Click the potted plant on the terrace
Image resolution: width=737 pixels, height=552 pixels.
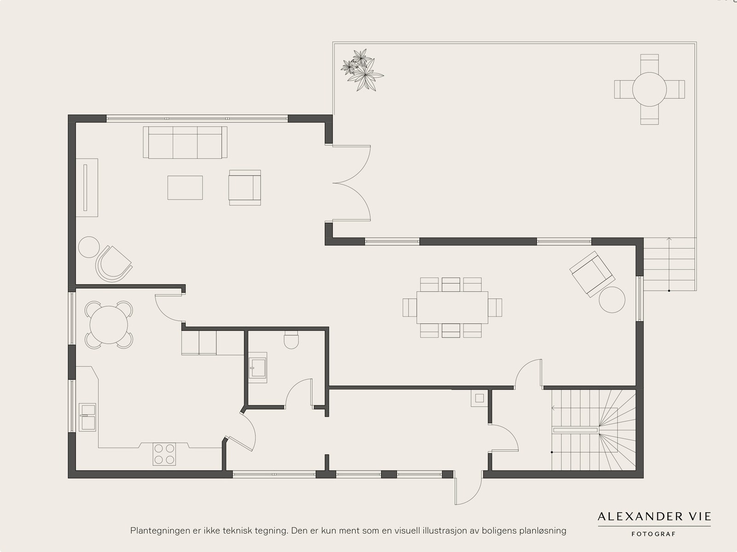(x=362, y=70)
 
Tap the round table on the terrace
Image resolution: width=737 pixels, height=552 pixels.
(x=649, y=89)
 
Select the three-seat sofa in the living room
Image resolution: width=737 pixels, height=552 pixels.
(x=185, y=142)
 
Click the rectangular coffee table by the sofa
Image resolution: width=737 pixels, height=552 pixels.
(x=185, y=188)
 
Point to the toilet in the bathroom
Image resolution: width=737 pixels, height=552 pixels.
(x=291, y=340)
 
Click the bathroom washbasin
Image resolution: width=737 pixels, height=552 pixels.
(x=258, y=368)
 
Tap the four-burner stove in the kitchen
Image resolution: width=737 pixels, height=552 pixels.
(x=164, y=454)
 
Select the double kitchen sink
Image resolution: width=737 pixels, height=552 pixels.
(x=88, y=417)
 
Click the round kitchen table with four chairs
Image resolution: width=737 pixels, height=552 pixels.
(x=109, y=325)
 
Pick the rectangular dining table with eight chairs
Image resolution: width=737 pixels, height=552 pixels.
(x=452, y=307)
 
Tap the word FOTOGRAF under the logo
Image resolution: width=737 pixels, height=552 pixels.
(x=653, y=534)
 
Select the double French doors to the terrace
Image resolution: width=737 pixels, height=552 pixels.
(x=351, y=183)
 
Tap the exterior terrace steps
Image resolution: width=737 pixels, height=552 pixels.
(x=669, y=264)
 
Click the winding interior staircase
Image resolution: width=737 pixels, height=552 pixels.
(x=594, y=430)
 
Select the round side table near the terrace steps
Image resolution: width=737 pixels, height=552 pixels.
(x=612, y=300)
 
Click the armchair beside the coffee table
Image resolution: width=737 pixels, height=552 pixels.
(x=245, y=188)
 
